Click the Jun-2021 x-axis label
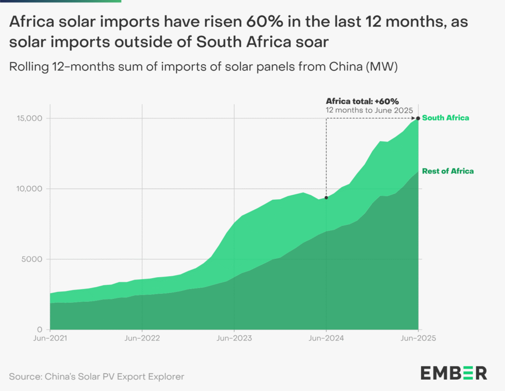tap(51, 339)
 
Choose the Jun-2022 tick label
tap(143, 339)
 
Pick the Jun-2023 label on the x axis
tap(234, 339)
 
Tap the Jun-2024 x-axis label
tap(326, 339)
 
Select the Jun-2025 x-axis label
tap(418, 339)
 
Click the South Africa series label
tap(445, 118)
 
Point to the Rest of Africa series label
tap(448, 171)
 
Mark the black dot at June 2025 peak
tap(418, 118)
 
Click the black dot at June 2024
tap(326, 198)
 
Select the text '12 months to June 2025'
tap(369, 110)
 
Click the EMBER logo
tap(453, 373)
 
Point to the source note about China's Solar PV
tap(97, 377)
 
